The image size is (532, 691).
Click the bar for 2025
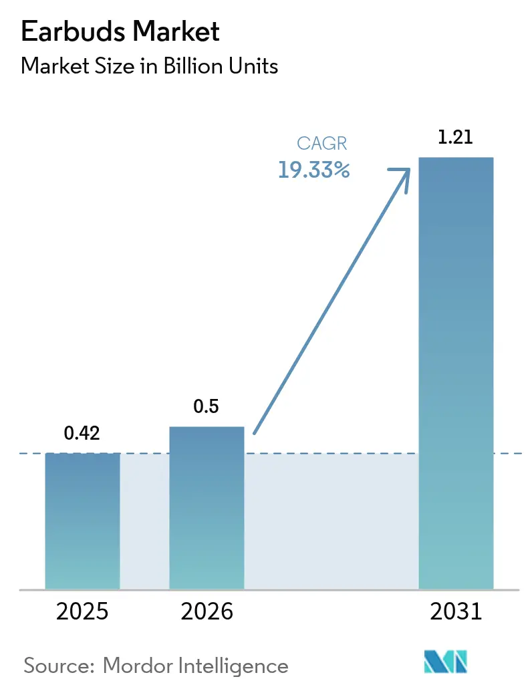pos(82,521)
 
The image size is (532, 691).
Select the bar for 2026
pos(207,508)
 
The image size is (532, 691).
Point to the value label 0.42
pos(82,433)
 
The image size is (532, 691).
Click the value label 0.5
pos(206,406)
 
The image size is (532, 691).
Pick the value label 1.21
pos(456,138)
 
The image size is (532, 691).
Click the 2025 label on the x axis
pos(82,611)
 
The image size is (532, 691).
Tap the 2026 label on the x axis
pos(206,611)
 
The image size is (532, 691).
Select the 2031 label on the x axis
pos(456,611)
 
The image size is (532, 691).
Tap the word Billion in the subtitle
pos(195,66)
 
